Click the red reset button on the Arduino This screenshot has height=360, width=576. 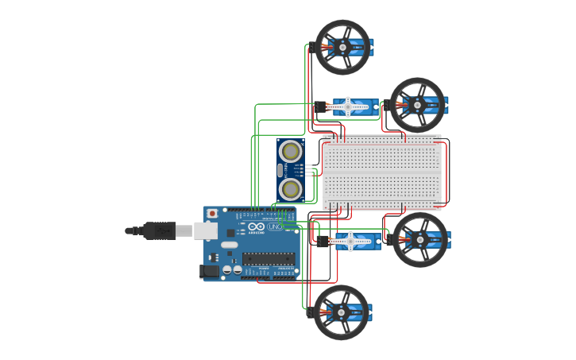point(212,213)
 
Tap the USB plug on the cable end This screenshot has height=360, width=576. point(164,230)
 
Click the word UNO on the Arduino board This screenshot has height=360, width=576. point(276,226)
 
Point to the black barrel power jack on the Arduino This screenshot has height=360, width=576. point(209,271)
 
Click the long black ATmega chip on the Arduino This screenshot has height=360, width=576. point(269,257)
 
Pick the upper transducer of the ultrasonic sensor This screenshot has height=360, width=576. point(291,150)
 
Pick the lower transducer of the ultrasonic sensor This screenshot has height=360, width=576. point(291,188)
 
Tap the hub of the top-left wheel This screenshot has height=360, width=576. point(342,47)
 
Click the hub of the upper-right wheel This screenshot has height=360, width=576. point(416,104)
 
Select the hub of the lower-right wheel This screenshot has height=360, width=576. point(419,239)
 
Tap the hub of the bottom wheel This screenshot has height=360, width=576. point(341,312)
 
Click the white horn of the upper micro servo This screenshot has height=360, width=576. point(347,105)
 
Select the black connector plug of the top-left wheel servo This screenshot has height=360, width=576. point(311,46)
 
